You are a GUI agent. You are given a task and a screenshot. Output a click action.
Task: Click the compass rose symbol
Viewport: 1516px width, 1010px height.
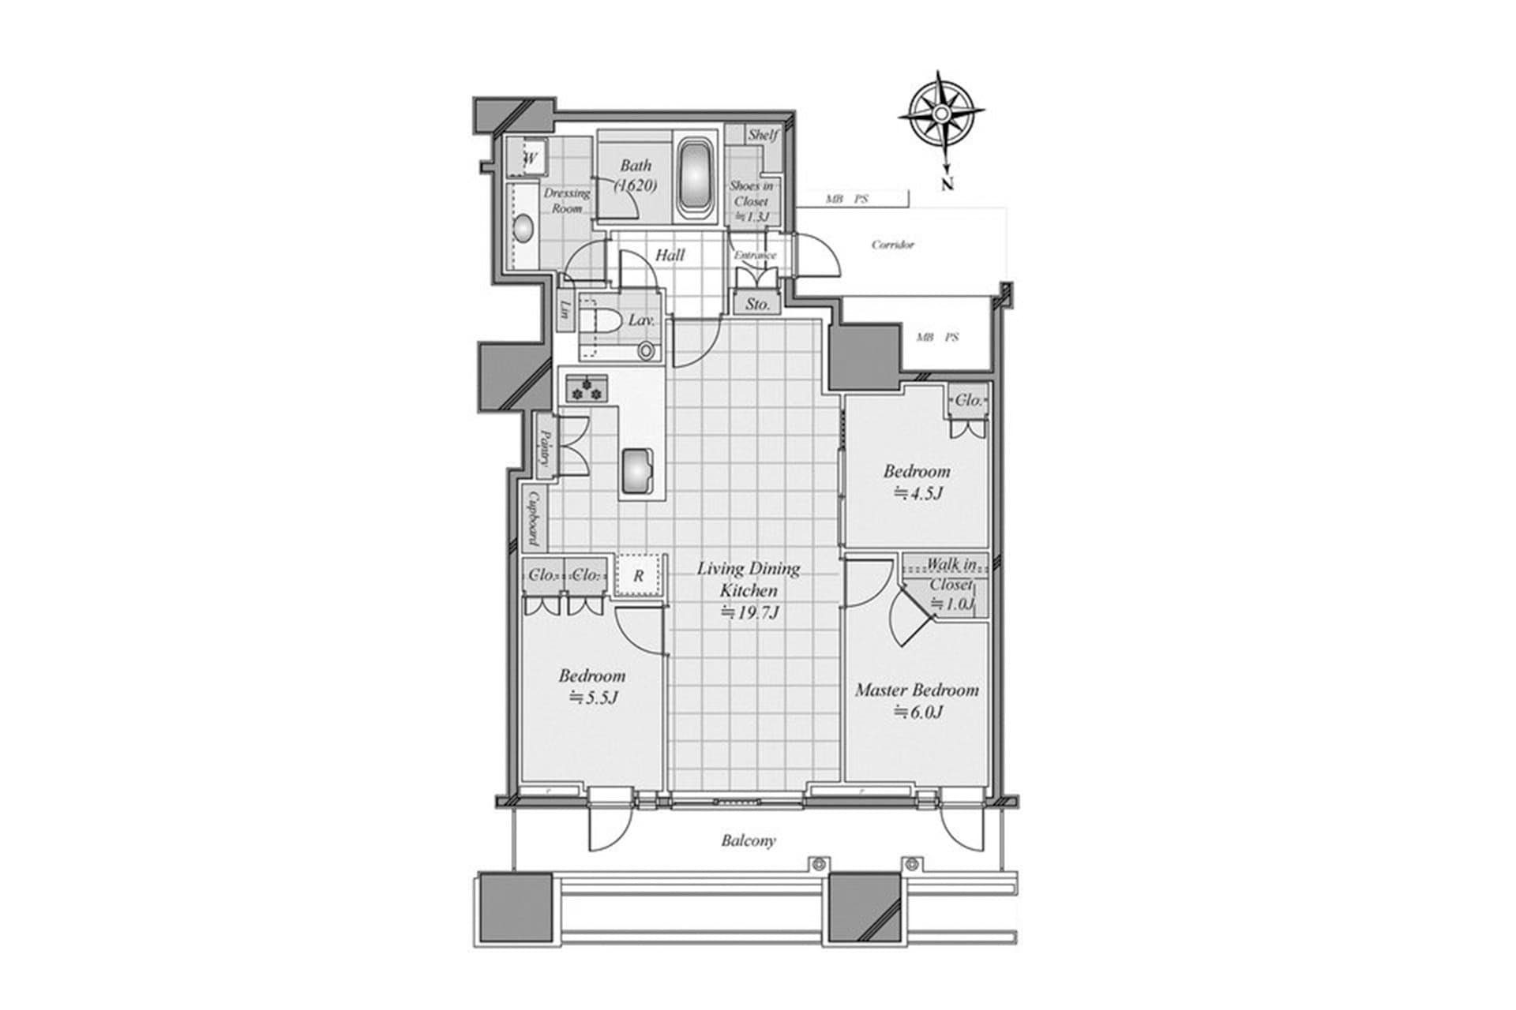pos(941,115)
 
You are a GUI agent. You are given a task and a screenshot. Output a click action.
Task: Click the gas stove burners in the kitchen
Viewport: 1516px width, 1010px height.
pos(586,388)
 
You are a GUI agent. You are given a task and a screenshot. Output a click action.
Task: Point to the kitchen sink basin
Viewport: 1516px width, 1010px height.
pos(636,471)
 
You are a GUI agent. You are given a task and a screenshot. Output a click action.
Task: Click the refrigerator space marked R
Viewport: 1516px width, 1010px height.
pos(638,576)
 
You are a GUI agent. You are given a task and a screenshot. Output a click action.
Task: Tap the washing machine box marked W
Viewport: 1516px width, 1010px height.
pos(530,159)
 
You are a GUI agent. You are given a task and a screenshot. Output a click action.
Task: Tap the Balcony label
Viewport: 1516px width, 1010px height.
pos(748,840)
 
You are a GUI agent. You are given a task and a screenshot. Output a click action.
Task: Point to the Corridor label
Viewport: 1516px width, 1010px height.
pos(892,245)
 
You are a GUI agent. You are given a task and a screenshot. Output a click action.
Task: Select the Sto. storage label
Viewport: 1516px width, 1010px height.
pos(757,304)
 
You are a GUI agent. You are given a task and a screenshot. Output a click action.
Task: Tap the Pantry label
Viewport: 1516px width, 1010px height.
pos(544,448)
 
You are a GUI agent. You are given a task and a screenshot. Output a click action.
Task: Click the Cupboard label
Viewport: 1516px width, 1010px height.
pos(534,518)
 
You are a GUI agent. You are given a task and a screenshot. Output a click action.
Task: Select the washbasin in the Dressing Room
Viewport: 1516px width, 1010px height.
pos(523,230)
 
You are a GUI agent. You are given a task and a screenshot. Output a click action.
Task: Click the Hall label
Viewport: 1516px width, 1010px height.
pos(670,255)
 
